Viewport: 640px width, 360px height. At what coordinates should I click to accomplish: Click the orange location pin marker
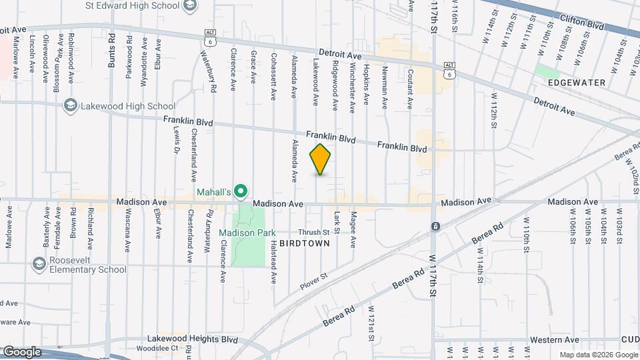[x=320, y=159]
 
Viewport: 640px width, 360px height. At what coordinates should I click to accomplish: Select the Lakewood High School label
[x=128, y=106]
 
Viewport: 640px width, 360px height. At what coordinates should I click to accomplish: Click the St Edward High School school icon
[x=189, y=5]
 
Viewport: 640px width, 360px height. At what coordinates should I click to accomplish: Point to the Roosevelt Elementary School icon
[x=39, y=265]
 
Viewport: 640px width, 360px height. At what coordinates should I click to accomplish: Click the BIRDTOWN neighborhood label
[x=304, y=243]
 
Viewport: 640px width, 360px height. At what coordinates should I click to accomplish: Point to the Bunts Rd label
[x=111, y=50]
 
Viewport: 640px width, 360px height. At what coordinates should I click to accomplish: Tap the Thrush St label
[x=313, y=232]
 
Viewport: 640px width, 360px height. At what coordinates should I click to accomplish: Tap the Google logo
[x=21, y=352]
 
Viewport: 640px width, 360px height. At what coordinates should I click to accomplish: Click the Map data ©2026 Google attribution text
[x=597, y=355]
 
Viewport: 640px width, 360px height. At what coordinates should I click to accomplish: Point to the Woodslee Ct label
[x=155, y=348]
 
